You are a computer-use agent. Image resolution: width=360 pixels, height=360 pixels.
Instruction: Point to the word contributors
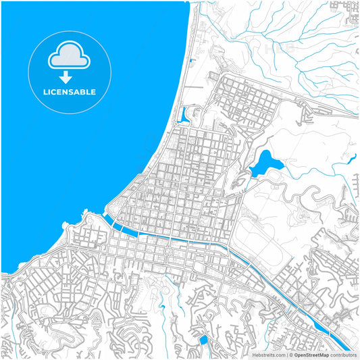tap(344, 354)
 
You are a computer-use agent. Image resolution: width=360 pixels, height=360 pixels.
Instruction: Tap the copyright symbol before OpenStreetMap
tap(292, 354)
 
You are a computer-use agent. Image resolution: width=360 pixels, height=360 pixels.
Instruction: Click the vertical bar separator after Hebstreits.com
tap(288, 354)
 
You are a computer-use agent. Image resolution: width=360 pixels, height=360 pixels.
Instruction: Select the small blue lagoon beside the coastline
tap(184, 115)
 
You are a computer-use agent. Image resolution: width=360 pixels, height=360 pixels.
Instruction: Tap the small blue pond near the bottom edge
tap(203, 339)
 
